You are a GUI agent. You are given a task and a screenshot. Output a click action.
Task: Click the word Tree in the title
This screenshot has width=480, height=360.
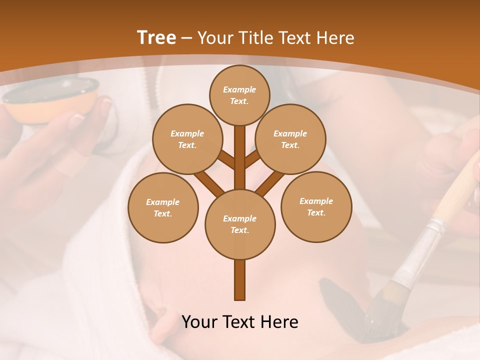point(156,38)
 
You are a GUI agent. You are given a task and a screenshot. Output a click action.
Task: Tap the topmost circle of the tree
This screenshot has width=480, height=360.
point(239,95)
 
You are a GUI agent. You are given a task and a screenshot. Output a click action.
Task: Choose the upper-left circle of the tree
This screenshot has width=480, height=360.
point(187,139)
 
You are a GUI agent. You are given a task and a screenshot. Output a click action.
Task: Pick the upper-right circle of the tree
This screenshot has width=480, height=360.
point(290,139)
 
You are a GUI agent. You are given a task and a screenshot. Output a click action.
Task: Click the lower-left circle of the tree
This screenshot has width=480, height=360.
point(163,207)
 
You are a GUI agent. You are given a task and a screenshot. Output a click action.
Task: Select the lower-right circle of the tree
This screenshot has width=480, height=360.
point(316,206)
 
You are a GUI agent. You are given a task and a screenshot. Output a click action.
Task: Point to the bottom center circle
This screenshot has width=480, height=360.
point(240,224)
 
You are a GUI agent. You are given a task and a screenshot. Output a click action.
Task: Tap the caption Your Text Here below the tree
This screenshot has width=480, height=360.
point(240,322)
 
